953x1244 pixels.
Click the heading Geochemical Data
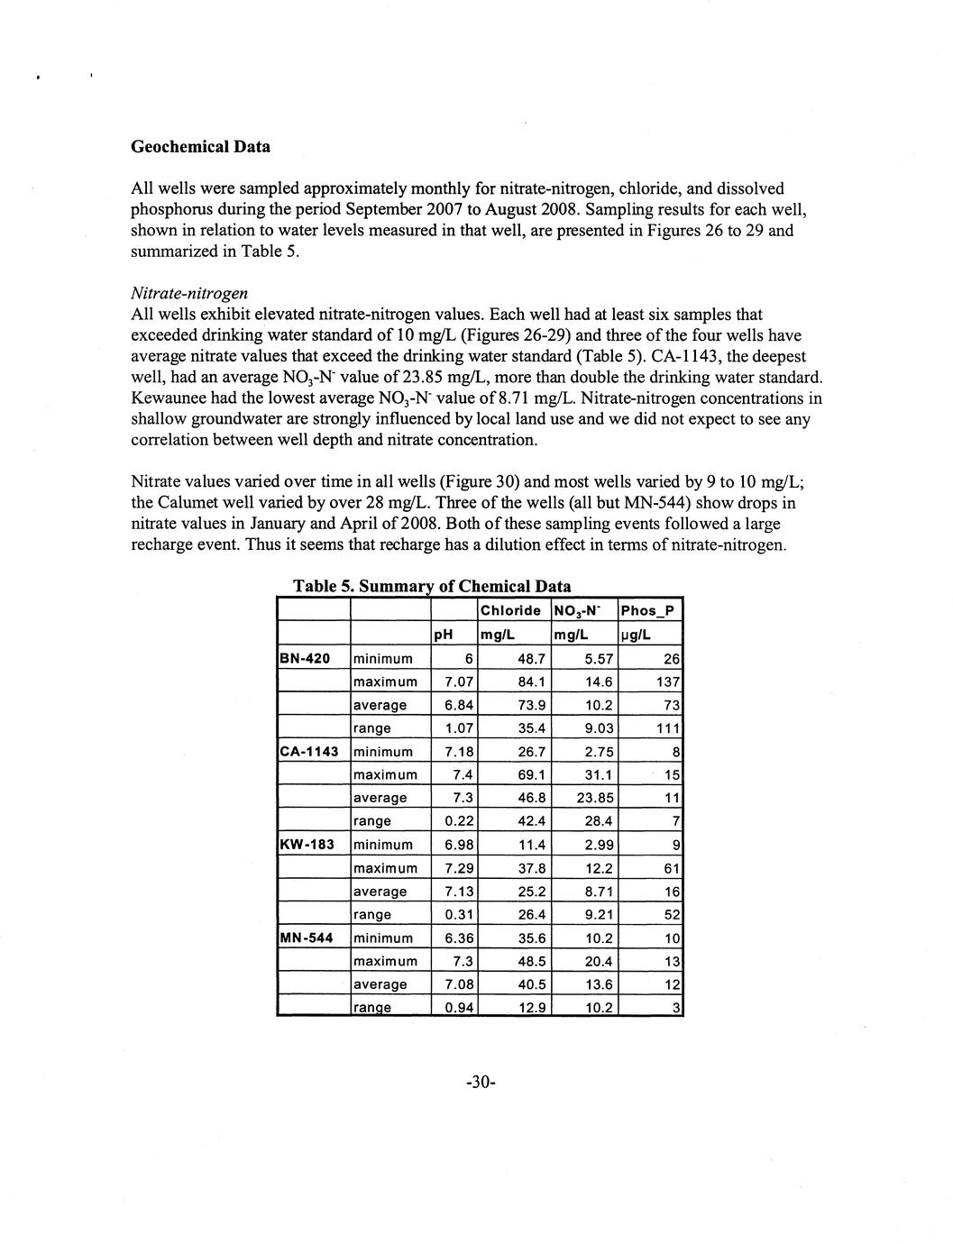coord(200,146)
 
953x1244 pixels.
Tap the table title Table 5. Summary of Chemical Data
coord(432,587)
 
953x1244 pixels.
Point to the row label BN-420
coord(306,658)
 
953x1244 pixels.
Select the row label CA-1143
coord(309,752)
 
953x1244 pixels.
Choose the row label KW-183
coord(307,845)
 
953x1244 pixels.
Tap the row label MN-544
coord(307,938)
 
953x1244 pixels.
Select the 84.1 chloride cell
coord(530,681)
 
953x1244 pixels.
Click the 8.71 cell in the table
coord(600,892)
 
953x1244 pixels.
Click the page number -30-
coord(476,1083)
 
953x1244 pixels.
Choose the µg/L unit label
coord(633,635)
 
